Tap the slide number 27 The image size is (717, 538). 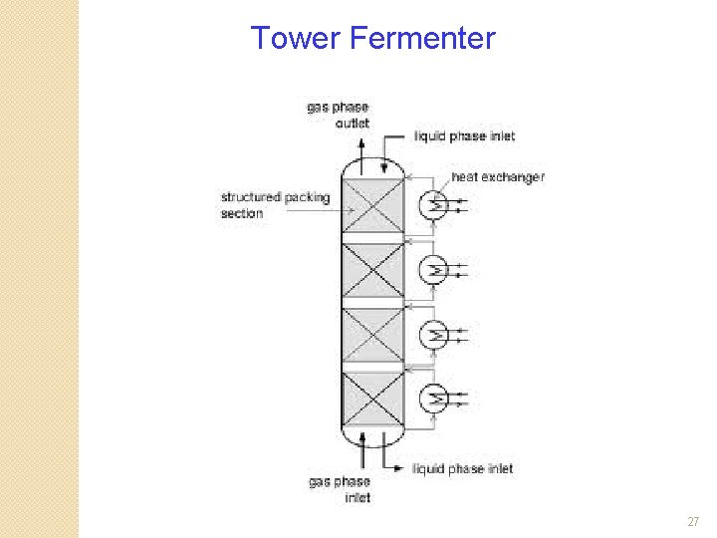693,522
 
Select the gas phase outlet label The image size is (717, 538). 338,115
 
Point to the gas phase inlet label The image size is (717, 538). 339,489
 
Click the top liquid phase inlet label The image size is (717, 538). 464,135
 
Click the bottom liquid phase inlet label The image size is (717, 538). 462,468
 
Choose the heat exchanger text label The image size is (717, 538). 498,176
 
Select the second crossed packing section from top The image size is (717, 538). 372,271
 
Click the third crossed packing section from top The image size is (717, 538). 372,336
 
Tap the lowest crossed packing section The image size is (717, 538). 372,401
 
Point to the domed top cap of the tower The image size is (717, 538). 372,167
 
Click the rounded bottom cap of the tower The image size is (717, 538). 372,436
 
